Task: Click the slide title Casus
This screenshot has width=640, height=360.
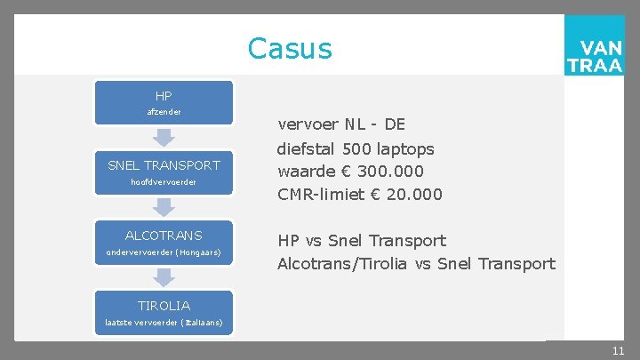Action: tap(290, 48)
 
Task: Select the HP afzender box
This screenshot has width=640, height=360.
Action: tap(164, 103)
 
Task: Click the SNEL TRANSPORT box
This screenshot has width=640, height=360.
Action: tap(164, 172)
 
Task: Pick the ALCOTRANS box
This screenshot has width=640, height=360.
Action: tap(164, 243)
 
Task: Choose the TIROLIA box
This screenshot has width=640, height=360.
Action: tap(164, 312)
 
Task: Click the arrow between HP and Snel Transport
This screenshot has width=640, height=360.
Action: tap(164, 138)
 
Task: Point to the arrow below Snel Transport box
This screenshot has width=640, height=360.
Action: tap(164, 207)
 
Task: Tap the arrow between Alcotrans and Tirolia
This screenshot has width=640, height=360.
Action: tap(164, 277)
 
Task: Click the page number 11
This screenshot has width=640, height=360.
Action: tap(618, 351)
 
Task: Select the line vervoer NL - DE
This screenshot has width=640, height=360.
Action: tap(341, 124)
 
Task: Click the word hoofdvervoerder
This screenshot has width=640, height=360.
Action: tap(164, 182)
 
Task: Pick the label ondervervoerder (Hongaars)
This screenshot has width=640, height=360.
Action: tap(164, 252)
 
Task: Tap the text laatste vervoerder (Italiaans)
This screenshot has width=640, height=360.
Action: tap(164, 322)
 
